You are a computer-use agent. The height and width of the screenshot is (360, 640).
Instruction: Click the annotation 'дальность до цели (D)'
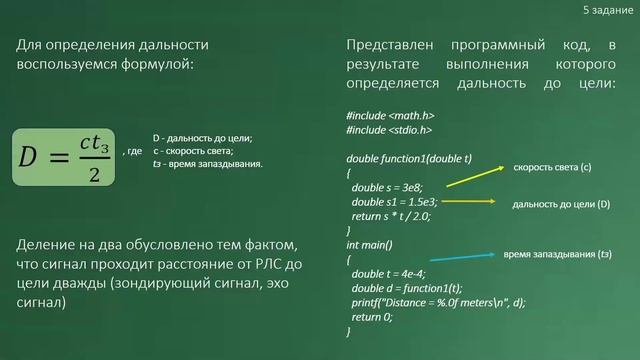point(560,204)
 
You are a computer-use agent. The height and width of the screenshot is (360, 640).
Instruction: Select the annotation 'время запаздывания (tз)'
point(557,254)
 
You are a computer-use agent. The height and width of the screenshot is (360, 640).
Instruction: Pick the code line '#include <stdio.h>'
point(389,130)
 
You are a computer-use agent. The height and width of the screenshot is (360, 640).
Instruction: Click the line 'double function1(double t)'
point(409,159)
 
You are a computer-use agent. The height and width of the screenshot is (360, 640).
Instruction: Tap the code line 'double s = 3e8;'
point(388,188)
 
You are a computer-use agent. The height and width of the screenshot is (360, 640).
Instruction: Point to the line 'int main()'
point(370,244)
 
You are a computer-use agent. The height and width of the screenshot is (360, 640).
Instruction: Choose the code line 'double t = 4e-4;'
point(391,273)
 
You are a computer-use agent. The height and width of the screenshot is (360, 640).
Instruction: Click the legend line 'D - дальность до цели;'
point(202,138)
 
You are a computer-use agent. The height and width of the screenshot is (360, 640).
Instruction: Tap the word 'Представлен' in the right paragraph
point(385,46)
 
